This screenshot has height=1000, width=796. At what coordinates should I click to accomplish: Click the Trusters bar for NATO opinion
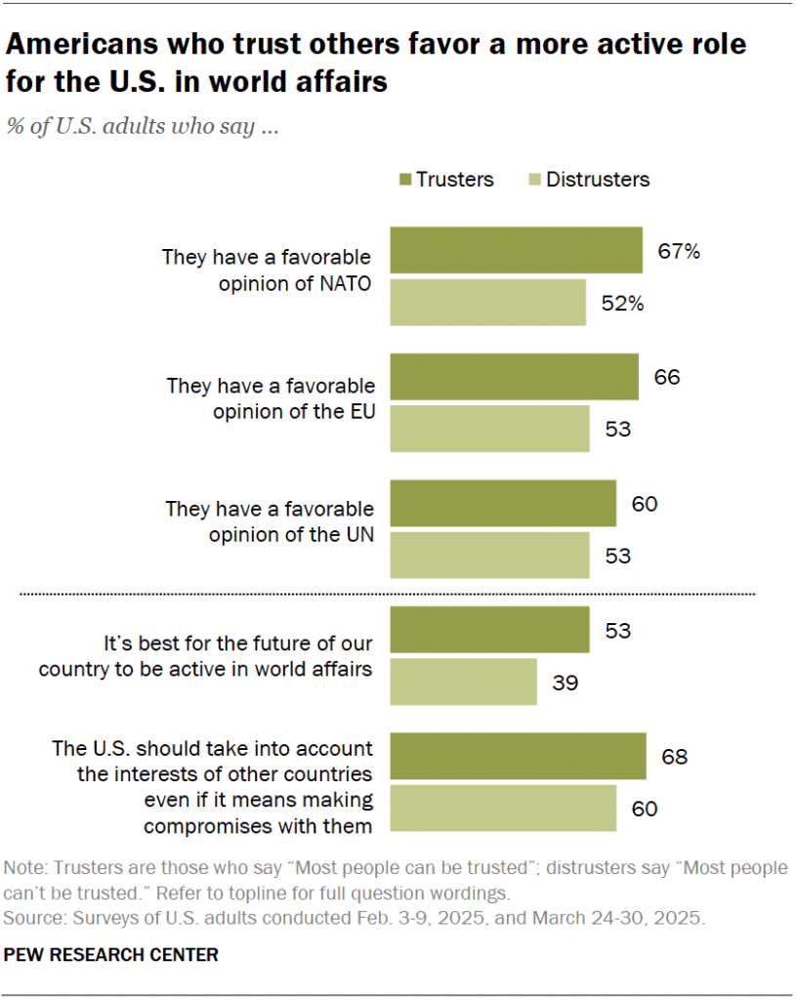pos(517,250)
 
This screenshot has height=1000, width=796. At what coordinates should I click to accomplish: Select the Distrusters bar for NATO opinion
pos(488,302)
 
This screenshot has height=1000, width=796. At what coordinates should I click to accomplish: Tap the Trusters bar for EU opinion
pos(515,377)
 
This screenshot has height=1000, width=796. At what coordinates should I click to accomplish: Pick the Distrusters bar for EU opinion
pos(490,429)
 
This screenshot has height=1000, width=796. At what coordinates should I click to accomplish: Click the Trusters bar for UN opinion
pos(503,504)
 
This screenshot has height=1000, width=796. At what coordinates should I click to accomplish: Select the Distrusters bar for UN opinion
pos(490,556)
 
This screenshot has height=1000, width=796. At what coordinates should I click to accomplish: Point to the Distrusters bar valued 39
pos(464,682)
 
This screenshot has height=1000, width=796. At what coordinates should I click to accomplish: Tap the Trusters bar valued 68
pos(518,756)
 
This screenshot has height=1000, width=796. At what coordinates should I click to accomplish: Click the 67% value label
pos(679,251)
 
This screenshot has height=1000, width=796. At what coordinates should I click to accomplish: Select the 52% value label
pos(622,303)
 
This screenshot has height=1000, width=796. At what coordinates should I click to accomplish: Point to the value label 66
pos(667,377)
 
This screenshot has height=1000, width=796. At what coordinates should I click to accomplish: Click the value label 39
pos(566,682)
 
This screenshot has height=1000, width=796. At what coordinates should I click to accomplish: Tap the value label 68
pos(675,756)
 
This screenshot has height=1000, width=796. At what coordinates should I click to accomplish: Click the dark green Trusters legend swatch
pos(403,180)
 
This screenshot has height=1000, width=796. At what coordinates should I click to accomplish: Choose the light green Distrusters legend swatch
pos(532,180)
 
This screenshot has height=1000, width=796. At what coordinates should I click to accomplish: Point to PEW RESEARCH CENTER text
pos(111,954)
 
